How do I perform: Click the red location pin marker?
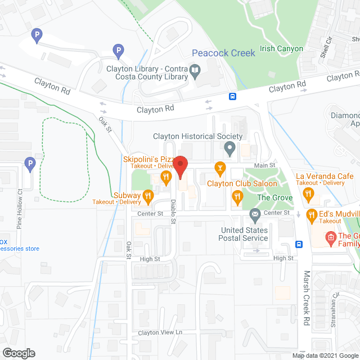179,166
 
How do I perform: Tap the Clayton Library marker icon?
195,70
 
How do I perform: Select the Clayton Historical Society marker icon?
229,149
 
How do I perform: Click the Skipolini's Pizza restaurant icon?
165,178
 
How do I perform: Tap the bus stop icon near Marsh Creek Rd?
299,245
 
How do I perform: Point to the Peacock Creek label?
223,53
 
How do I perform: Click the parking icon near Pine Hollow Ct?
30,164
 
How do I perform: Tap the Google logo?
18,353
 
